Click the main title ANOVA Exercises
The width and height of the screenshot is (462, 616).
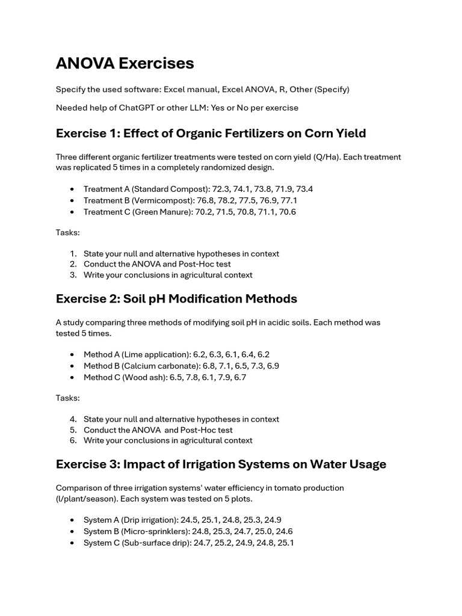[125, 63]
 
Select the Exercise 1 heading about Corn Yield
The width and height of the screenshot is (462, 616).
[211, 133]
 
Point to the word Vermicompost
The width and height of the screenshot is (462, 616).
[148, 200]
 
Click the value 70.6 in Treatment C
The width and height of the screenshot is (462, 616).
[286, 212]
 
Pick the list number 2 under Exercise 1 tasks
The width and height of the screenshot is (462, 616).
[73, 264]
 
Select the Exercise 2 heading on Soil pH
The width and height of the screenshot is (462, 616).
[176, 299]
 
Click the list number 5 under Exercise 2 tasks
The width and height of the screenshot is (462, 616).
[73, 430]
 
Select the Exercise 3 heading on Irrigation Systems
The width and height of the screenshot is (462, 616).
[221, 464]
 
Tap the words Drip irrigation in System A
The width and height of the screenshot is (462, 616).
[148, 520]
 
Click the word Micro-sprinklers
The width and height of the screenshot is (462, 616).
[155, 531]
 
